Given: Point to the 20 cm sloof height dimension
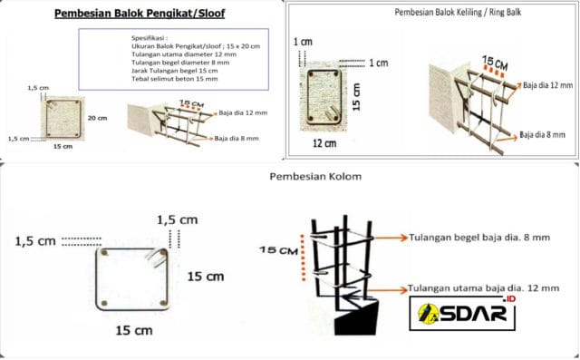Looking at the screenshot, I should (98, 118).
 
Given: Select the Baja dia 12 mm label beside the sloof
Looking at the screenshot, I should (244, 114).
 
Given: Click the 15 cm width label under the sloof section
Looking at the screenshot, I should (63, 146).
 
